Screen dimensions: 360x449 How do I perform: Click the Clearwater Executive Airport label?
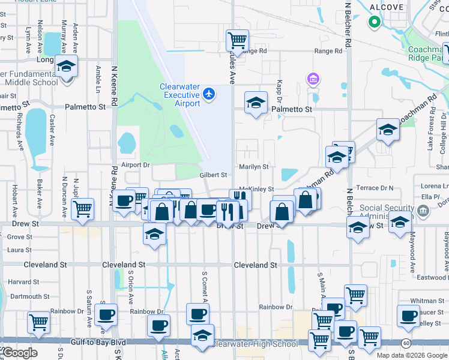pyautogui.click(x=179, y=95)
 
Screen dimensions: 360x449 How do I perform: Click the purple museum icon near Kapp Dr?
pyautogui.click(x=312, y=79)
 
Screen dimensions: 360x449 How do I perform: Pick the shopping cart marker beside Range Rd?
pyautogui.click(x=237, y=40)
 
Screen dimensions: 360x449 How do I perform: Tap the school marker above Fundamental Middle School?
pyautogui.click(x=66, y=65)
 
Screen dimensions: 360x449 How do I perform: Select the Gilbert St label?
pyautogui.click(x=214, y=175)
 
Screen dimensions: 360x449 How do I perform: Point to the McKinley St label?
pyautogui.click(x=256, y=189)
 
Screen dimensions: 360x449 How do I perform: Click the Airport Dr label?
pyautogui.click(x=134, y=165)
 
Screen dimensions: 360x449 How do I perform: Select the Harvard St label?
pyautogui.click(x=24, y=281)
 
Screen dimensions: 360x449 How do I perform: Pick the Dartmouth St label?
pyautogui.click(x=29, y=296)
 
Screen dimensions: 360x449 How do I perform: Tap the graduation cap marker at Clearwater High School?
pyautogui.click(x=202, y=334)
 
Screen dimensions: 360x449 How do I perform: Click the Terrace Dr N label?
pyautogui.click(x=375, y=188)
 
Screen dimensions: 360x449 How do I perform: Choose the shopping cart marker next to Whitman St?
pyautogui.click(x=355, y=294)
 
